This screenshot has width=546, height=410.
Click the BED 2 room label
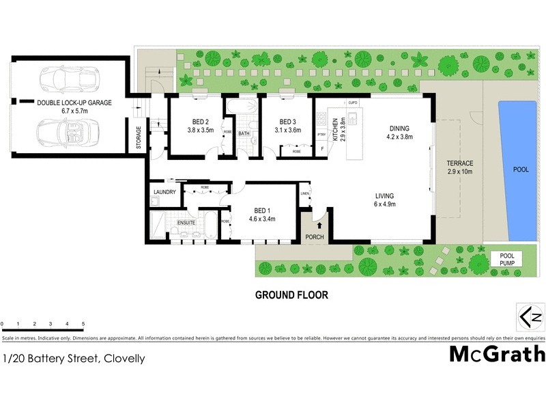point(201,123)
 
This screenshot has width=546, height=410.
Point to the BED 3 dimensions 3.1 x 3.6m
point(287,131)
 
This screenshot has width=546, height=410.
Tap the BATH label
point(244,133)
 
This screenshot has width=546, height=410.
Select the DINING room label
point(401,128)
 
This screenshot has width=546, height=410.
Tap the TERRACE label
point(460,163)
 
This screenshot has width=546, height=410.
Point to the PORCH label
point(315,238)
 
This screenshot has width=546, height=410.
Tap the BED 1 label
point(260,210)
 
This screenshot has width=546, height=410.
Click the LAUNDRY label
point(165,192)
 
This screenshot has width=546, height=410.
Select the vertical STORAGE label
point(139,138)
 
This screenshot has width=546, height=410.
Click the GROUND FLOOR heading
point(291,296)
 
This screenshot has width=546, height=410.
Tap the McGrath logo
point(497,353)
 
